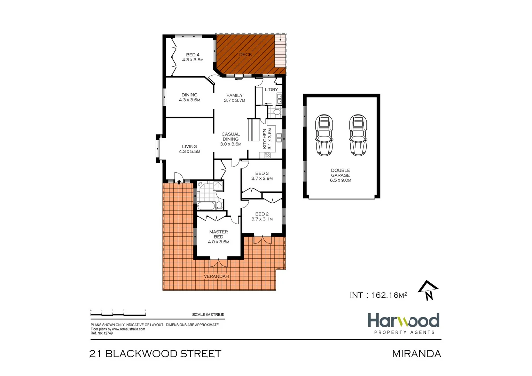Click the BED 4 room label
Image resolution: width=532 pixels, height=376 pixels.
[x=193, y=55]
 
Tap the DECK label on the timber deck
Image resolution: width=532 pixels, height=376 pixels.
[x=245, y=55]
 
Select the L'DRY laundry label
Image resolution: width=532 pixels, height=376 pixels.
[x=271, y=90]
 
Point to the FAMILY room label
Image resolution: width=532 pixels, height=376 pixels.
[x=234, y=95]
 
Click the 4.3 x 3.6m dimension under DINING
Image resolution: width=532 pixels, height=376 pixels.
[x=189, y=100]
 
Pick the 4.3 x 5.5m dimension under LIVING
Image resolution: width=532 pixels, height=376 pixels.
[x=189, y=151]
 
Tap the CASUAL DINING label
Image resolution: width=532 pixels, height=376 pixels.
[x=230, y=136]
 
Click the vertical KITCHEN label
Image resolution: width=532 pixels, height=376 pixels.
[x=265, y=139]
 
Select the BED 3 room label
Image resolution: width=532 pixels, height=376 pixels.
[x=262, y=173]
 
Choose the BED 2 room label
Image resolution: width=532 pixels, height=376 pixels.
[x=262, y=214]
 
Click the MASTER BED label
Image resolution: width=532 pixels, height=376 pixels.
[x=218, y=234]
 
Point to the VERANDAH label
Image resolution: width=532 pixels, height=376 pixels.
[x=216, y=276]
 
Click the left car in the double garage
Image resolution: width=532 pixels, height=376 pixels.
[x=324, y=135]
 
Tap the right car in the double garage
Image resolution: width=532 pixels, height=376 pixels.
[x=358, y=135]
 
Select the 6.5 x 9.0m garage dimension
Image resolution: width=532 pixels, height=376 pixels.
[x=340, y=180]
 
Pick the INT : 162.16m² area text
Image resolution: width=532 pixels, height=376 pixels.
[x=378, y=295]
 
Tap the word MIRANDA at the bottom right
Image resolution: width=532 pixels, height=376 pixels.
[x=416, y=354]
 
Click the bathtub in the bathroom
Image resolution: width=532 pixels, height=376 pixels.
[x=206, y=206]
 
